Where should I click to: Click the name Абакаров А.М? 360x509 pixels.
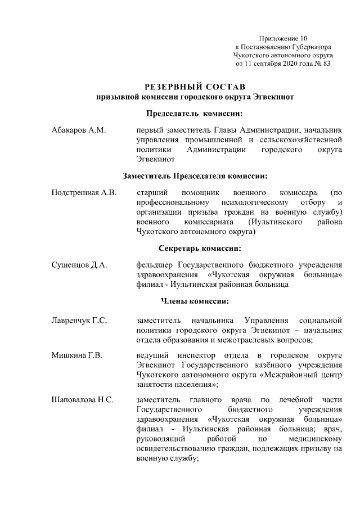(78, 130)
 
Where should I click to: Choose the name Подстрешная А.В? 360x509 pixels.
(84, 193)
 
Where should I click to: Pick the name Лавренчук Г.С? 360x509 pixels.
(79, 320)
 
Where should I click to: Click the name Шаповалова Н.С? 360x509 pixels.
(83, 400)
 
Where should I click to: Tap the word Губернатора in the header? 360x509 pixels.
(309, 47)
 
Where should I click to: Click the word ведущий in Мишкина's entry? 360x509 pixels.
(151, 356)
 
